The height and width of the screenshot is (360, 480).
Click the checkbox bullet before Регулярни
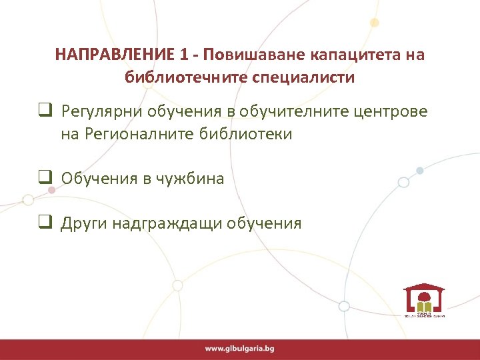(x=45, y=110)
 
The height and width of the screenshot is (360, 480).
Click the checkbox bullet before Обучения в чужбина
(x=45, y=177)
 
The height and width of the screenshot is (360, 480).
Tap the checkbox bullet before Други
(x=45, y=222)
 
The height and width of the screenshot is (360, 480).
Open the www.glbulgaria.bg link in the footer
(x=240, y=349)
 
